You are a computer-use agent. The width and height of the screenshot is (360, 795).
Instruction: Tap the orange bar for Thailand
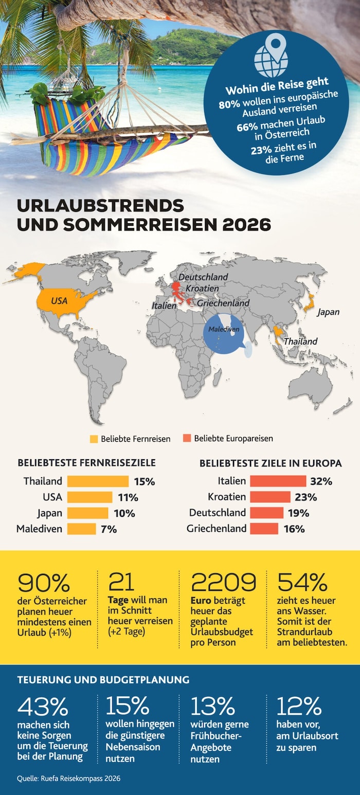(x=98, y=481)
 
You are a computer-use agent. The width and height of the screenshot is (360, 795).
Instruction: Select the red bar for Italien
(x=278, y=481)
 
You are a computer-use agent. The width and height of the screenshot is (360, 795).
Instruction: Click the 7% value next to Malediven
(x=109, y=529)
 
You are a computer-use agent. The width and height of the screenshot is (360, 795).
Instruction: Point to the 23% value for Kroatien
(x=305, y=497)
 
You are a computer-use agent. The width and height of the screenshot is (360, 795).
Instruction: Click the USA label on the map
(x=59, y=300)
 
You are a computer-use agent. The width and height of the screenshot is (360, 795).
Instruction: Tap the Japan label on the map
(x=328, y=312)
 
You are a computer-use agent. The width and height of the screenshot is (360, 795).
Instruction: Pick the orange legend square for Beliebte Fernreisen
(x=94, y=439)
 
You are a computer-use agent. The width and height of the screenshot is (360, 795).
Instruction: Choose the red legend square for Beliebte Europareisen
(x=187, y=439)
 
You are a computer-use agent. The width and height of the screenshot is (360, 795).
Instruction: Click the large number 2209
(x=223, y=582)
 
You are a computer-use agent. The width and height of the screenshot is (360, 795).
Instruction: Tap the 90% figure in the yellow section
(x=44, y=582)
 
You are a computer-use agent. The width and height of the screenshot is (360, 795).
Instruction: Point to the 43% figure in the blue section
(x=43, y=707)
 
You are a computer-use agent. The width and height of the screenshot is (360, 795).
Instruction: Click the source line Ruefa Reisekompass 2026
(x=68, y=779)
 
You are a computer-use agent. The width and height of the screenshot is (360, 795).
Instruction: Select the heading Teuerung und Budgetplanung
(x=103, y=679)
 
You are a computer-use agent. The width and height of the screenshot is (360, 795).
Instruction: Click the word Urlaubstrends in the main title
(x=100, y=205)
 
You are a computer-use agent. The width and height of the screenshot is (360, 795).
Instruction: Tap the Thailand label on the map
(x=300, y=341)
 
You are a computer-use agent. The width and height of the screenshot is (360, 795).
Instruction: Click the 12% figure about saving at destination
(x=299, y=707)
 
